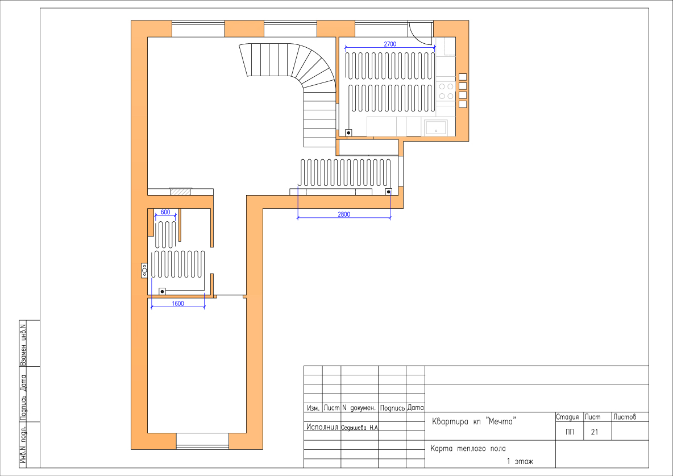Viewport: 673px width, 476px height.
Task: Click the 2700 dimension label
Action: point(390,44)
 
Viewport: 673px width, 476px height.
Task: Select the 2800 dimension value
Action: point(344,214)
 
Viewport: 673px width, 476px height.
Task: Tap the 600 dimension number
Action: point(165,212)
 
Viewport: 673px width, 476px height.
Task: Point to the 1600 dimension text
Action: point(178,303)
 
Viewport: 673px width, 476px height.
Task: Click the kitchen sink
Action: point(435,127)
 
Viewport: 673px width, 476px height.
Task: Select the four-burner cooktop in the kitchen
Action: point(446,90)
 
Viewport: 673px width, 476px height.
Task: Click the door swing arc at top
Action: point(421,34)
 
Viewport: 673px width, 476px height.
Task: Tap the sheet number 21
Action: point(594,432)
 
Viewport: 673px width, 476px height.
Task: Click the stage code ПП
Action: point(570,432)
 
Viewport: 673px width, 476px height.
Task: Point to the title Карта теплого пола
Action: point(468,449)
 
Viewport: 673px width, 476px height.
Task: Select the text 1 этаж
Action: point(520,461)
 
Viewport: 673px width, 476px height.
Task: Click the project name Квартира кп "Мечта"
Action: point(473,421)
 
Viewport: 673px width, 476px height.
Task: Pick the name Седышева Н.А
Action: point(359,428)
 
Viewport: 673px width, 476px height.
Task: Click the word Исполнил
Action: point(322,427)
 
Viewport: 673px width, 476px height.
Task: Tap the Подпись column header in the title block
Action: point(392,408)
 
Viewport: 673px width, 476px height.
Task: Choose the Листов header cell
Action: point(625,417)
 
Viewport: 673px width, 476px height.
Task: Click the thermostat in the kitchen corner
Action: point(348,133)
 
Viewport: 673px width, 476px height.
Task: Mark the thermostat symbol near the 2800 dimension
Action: point(388,192)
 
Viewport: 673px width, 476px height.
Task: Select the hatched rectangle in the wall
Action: point(180,192)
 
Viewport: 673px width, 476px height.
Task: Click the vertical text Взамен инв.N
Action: point(23,343)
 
